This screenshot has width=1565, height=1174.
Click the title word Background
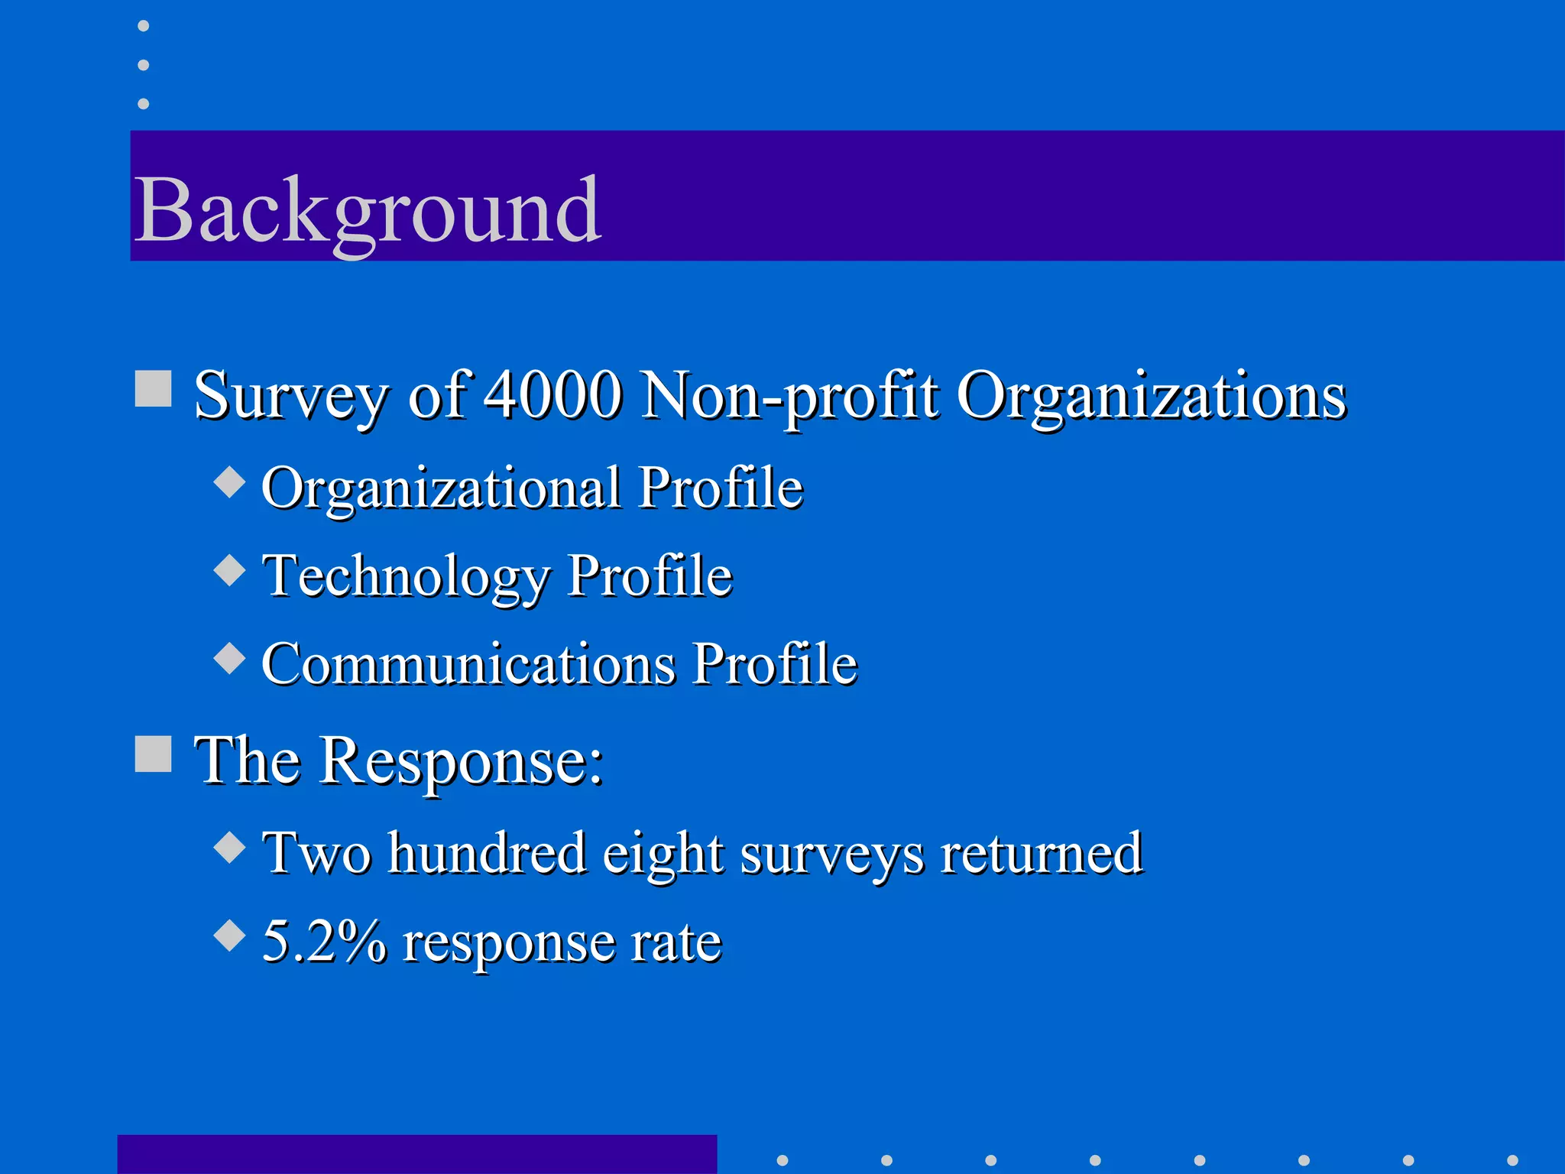point(367,210)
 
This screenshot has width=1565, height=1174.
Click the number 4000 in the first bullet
point(553,395)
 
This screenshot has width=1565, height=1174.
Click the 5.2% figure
point(324,941)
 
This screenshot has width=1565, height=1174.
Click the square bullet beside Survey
point(153,388)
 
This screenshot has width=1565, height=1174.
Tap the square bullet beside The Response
point(153,754)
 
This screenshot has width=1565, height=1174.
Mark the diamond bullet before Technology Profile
point(229,569)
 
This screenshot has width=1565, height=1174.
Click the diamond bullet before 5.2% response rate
point(229,934)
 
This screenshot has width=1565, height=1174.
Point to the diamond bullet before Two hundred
point(229,846)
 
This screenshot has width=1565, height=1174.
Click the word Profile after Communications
point(775,663)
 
